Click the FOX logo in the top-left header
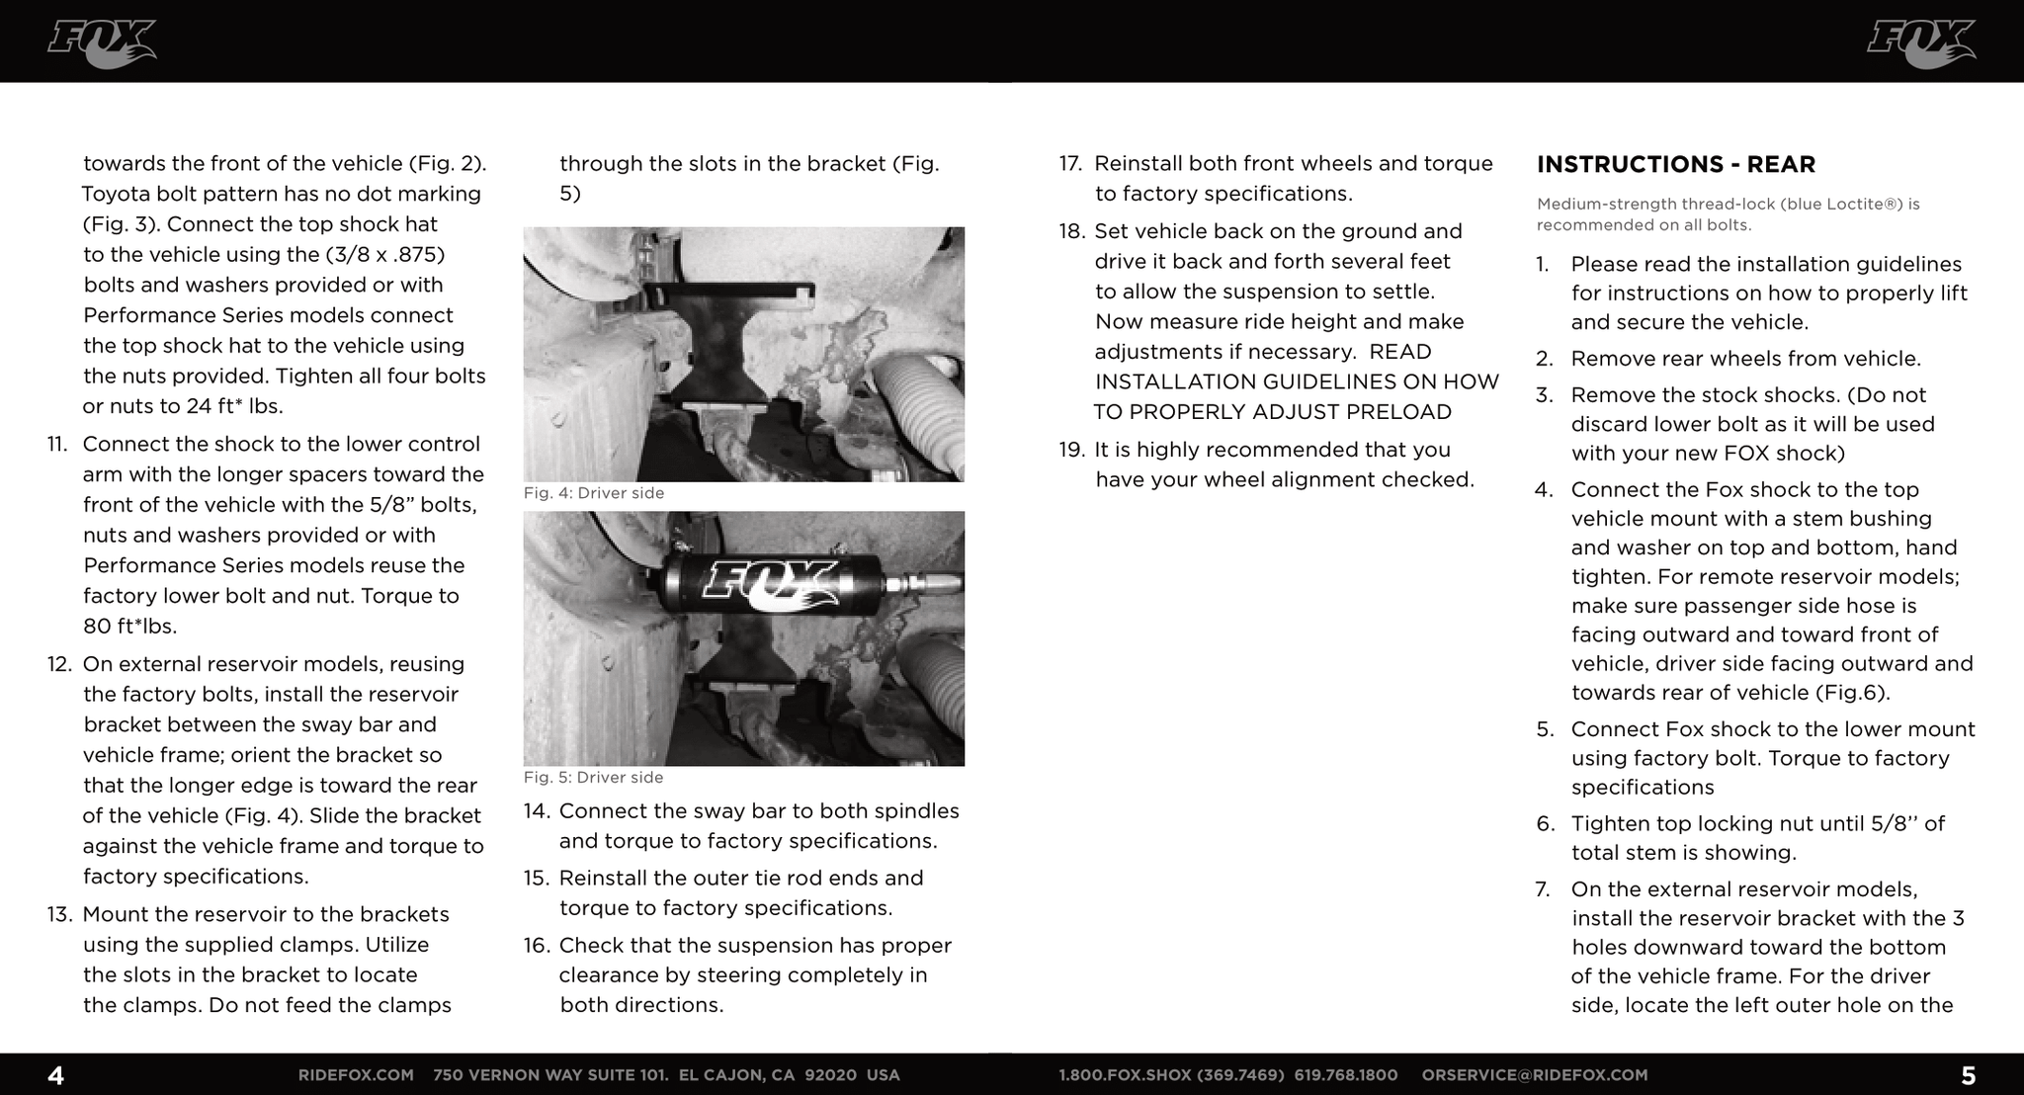[102, 44]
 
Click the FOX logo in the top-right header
[1920, 44]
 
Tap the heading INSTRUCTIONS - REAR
[1675, 164]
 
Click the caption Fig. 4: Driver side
[593, 493]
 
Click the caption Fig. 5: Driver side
[593, 778]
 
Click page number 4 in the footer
[56, 1075]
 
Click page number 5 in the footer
[1968, 1075]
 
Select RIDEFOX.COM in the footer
[356, 1075]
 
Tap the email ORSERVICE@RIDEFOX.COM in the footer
[1534, 1075]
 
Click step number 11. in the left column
[57, 445]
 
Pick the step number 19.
[1071, 451]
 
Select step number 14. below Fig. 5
[536, 811]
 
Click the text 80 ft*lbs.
[129, 627]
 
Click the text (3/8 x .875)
[385, 255]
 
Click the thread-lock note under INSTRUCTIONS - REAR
[1728, 214]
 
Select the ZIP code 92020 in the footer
[830, 1075]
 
